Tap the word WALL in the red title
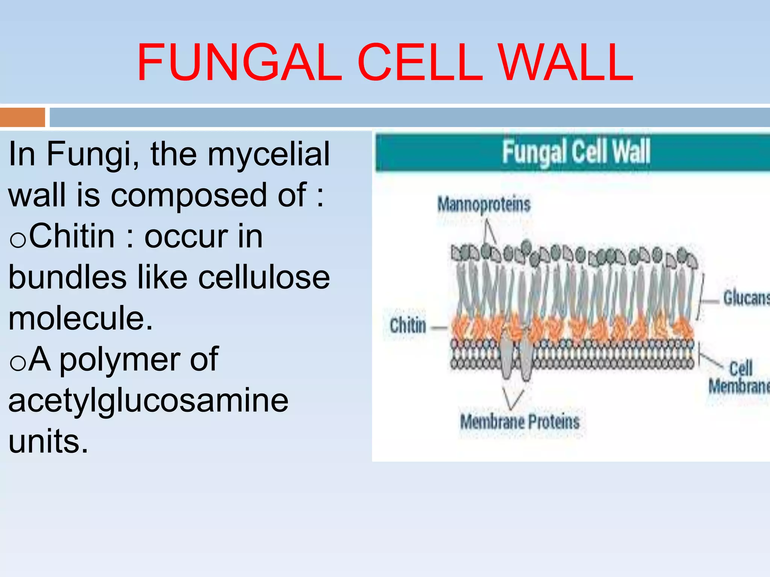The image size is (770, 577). pyautogui.click(x=566, y=62)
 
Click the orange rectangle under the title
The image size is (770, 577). pyautogui.click(x=23, y=117)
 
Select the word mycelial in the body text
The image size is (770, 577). pyautogui.click(x=268, y=154)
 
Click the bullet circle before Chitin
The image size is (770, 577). pyautogui.click(x=18, y=240)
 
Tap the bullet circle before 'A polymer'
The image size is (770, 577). pyautogui.click(x=18, y=364)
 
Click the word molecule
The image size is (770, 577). pyautogui.click(x=80, y=319)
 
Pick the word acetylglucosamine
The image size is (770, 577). pyautogui.click(x=149, y=400)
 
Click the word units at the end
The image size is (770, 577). pyautogui.click(x=48, y=441)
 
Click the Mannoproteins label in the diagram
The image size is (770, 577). pyautogui.click(x=484, y=205)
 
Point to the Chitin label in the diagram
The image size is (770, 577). pyautogui.click(x=408, y=325)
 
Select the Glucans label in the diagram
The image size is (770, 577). pyautogui.click(x=746, y=298)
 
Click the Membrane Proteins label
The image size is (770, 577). pyautogui.click(x=520, y=421)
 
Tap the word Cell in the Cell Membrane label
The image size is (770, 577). pyautogui.click(x=741, y=368)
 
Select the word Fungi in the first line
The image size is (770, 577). pyautogui.click(x=92, y=154)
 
